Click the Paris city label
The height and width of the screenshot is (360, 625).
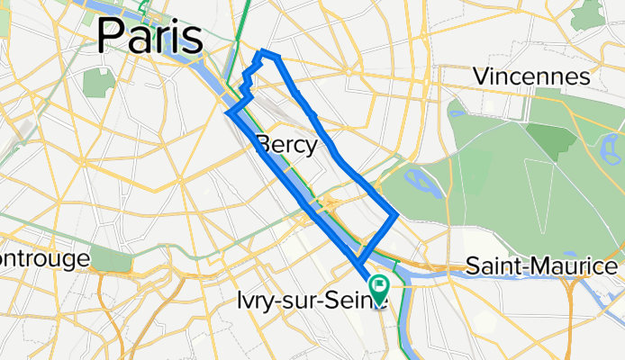coord(149,36)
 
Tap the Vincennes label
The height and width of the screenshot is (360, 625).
coord(537,76)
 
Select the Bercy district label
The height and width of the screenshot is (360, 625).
coord(286,145)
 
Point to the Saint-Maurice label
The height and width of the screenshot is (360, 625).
coord(541,266)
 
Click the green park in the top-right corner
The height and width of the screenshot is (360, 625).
coord(590,13)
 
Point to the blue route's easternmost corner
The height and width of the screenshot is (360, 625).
coord(396,214)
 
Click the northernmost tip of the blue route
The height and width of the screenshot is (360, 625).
coord(263,52)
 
